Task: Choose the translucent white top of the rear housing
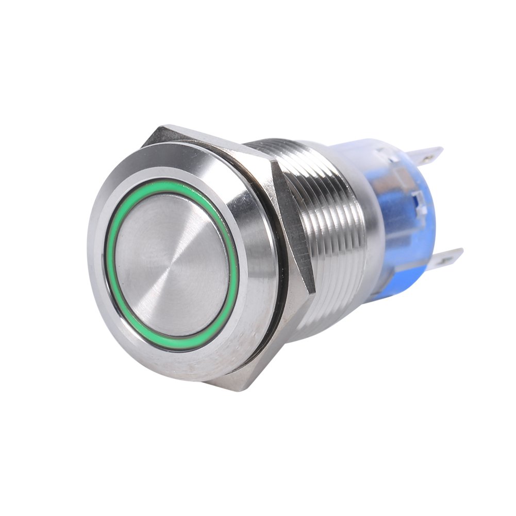pos(371,149)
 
